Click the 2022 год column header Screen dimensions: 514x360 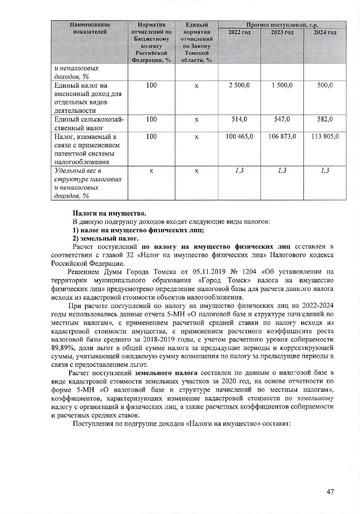(239, 32)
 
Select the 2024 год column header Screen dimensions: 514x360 (325, 32)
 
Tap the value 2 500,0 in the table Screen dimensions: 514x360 (239, 85)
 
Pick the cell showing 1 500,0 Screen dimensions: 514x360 (282, 85)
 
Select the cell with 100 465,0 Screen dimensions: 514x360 (239, 136)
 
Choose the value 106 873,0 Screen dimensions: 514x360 (282, 136)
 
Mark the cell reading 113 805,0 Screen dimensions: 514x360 (325, 136)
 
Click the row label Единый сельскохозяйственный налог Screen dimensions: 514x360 (89, 123)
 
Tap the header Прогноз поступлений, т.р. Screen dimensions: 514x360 (282, 25)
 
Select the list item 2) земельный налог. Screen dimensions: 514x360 (105, 239)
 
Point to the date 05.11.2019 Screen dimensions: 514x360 (207, 272)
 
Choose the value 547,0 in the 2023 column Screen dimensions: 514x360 (282, 119)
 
